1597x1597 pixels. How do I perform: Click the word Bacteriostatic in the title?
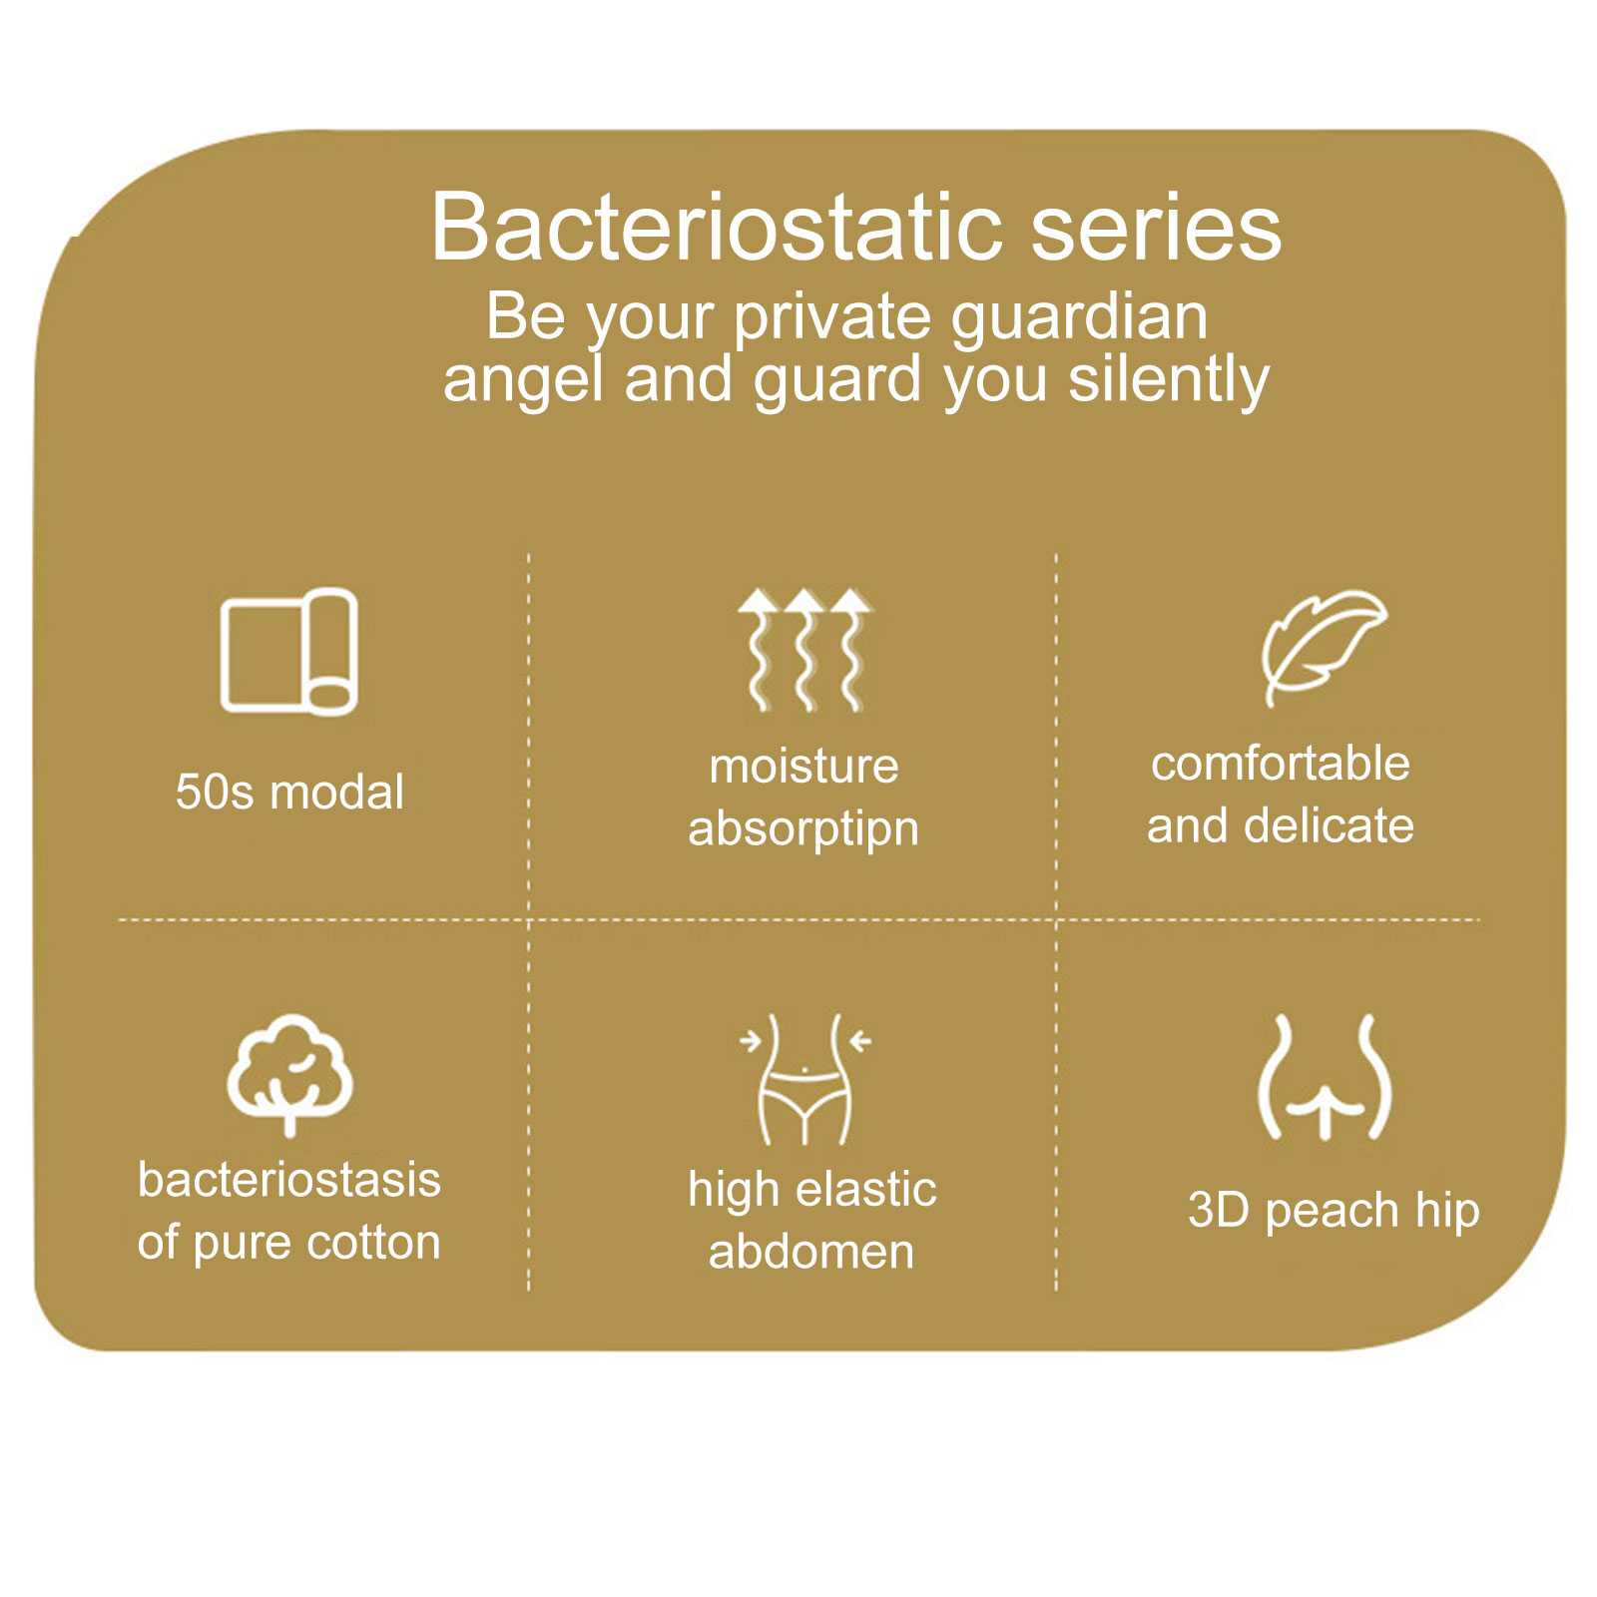click(x=716, y=228)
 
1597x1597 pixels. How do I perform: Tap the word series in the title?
click(x=1156, y=228)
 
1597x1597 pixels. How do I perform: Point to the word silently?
click(x=1169, y=382)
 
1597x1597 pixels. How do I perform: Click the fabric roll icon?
click(x=289, y=652)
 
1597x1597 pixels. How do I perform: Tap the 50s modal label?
click(x=289, y=793)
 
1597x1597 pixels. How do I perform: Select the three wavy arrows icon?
click(x=804, y=650)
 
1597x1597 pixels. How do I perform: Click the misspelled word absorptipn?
click(x=803, y=830)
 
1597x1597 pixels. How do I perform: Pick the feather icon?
click(x=1324, y=648)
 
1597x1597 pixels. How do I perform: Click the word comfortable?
click(x=1281, y=764)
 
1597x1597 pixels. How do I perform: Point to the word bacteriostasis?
click(x=289, y=1180)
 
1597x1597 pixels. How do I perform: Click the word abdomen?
click(x=811, y=1253)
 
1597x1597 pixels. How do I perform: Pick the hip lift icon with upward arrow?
click(x=1325, y=1077)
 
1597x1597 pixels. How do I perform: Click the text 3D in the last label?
click(x=1219, y=1211)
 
